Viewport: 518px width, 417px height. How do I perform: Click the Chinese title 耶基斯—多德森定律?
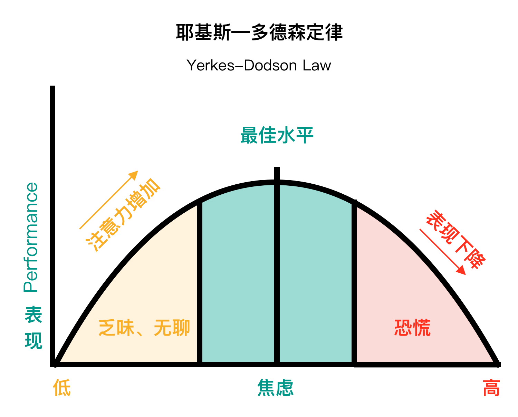pos(259,32)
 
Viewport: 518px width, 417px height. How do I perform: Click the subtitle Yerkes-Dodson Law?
pos(259,65)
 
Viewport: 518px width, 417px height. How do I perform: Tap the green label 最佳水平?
pos(277,135)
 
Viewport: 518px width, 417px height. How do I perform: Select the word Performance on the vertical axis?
pos(31,237)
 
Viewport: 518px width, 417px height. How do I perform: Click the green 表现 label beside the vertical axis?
pos(33,328)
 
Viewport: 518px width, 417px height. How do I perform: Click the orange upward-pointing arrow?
pos(108,200)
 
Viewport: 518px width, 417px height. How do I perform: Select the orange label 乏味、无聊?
pos(144,328)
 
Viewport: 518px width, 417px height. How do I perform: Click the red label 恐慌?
pos(412,328)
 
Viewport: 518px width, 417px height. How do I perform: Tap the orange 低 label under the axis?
pos(62,388)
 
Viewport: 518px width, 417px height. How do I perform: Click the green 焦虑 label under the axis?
pos(275,388)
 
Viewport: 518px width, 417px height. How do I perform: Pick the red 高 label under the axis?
pos(491,388)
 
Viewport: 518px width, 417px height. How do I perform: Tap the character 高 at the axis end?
pos(491,388)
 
